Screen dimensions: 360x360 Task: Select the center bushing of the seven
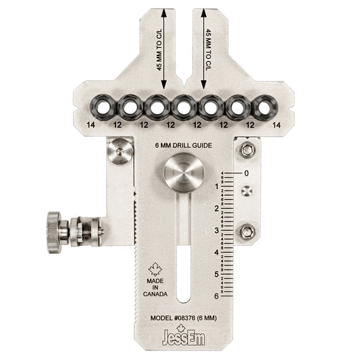[183, 106]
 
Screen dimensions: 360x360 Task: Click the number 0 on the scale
[247, 173]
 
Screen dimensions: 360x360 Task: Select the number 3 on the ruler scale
[216, 230]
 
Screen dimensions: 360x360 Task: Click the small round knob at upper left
[120, 151]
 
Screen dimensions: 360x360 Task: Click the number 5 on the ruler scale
[216, 274]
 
